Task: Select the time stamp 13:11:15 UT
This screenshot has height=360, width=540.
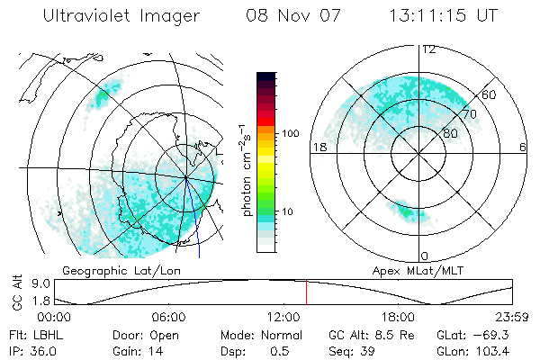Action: click(x=444, y=17)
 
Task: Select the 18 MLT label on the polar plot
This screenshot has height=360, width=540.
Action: click(x=318, y=147)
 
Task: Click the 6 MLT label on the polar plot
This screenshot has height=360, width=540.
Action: click(x=523, y=147)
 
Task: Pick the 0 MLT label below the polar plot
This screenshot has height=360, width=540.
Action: click(x=425, y=256)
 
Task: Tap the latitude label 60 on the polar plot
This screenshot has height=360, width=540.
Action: click(x=490, y=94)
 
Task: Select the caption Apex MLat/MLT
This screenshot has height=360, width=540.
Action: click(x=409, y=270)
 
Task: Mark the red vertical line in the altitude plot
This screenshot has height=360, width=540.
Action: click(x=306, y=293)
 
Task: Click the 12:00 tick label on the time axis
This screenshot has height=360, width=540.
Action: click(x=283, y=317)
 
